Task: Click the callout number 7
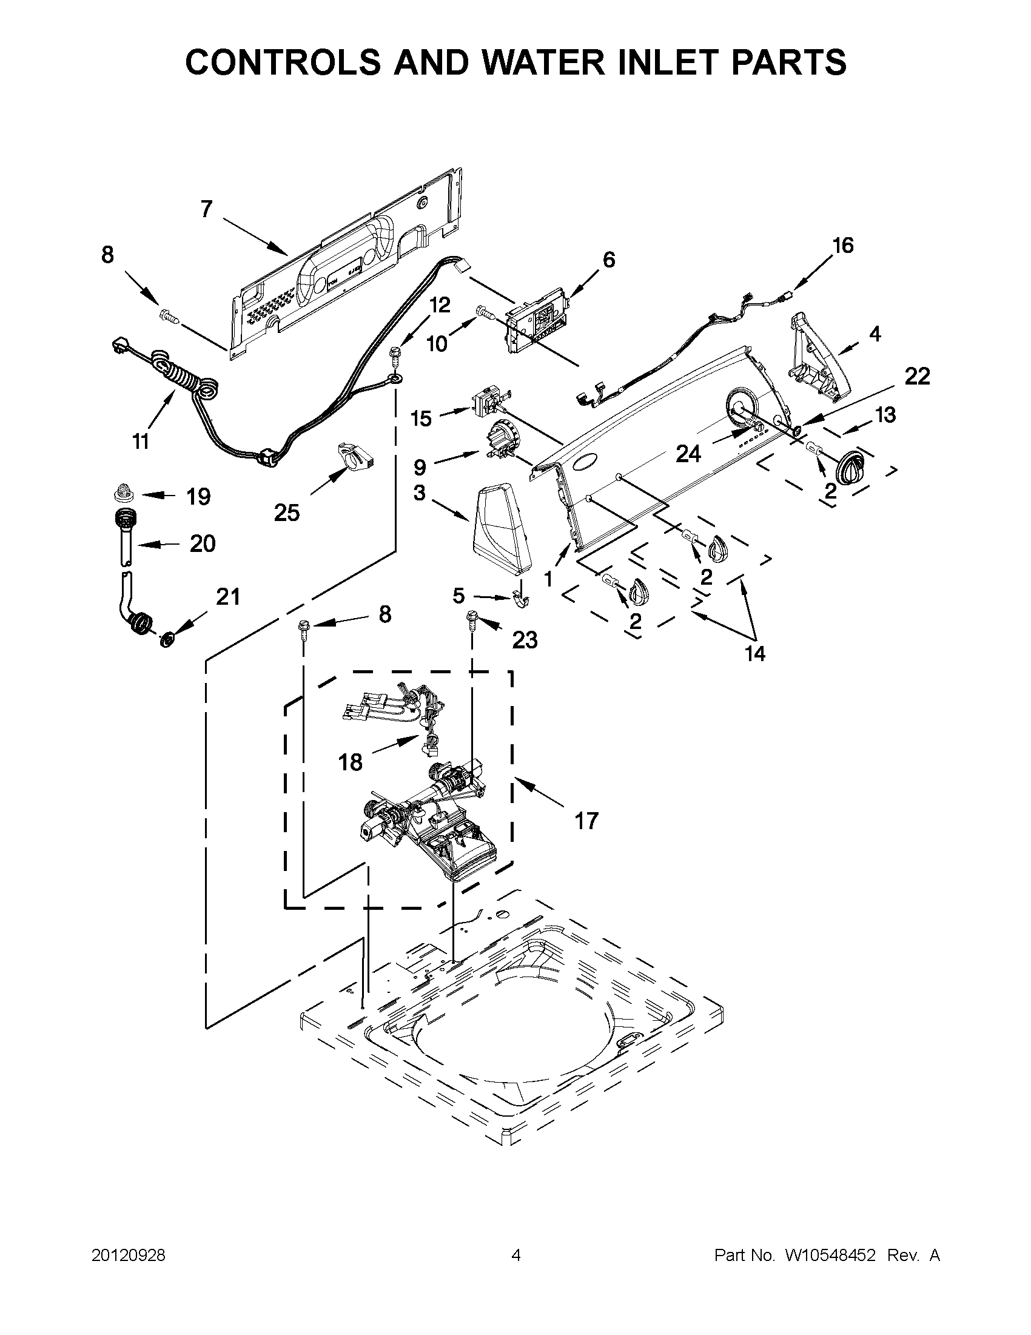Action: tap(207, 209)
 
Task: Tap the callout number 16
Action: tap(842, 246)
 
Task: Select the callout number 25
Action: tap(287, 513)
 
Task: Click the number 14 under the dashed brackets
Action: tap(756, 654)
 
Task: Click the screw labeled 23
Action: tap(472, 618)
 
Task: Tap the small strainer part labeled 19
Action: tap(125, 491)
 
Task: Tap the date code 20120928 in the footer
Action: tap(129, 1256)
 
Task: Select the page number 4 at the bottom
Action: tap(516, 1256)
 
